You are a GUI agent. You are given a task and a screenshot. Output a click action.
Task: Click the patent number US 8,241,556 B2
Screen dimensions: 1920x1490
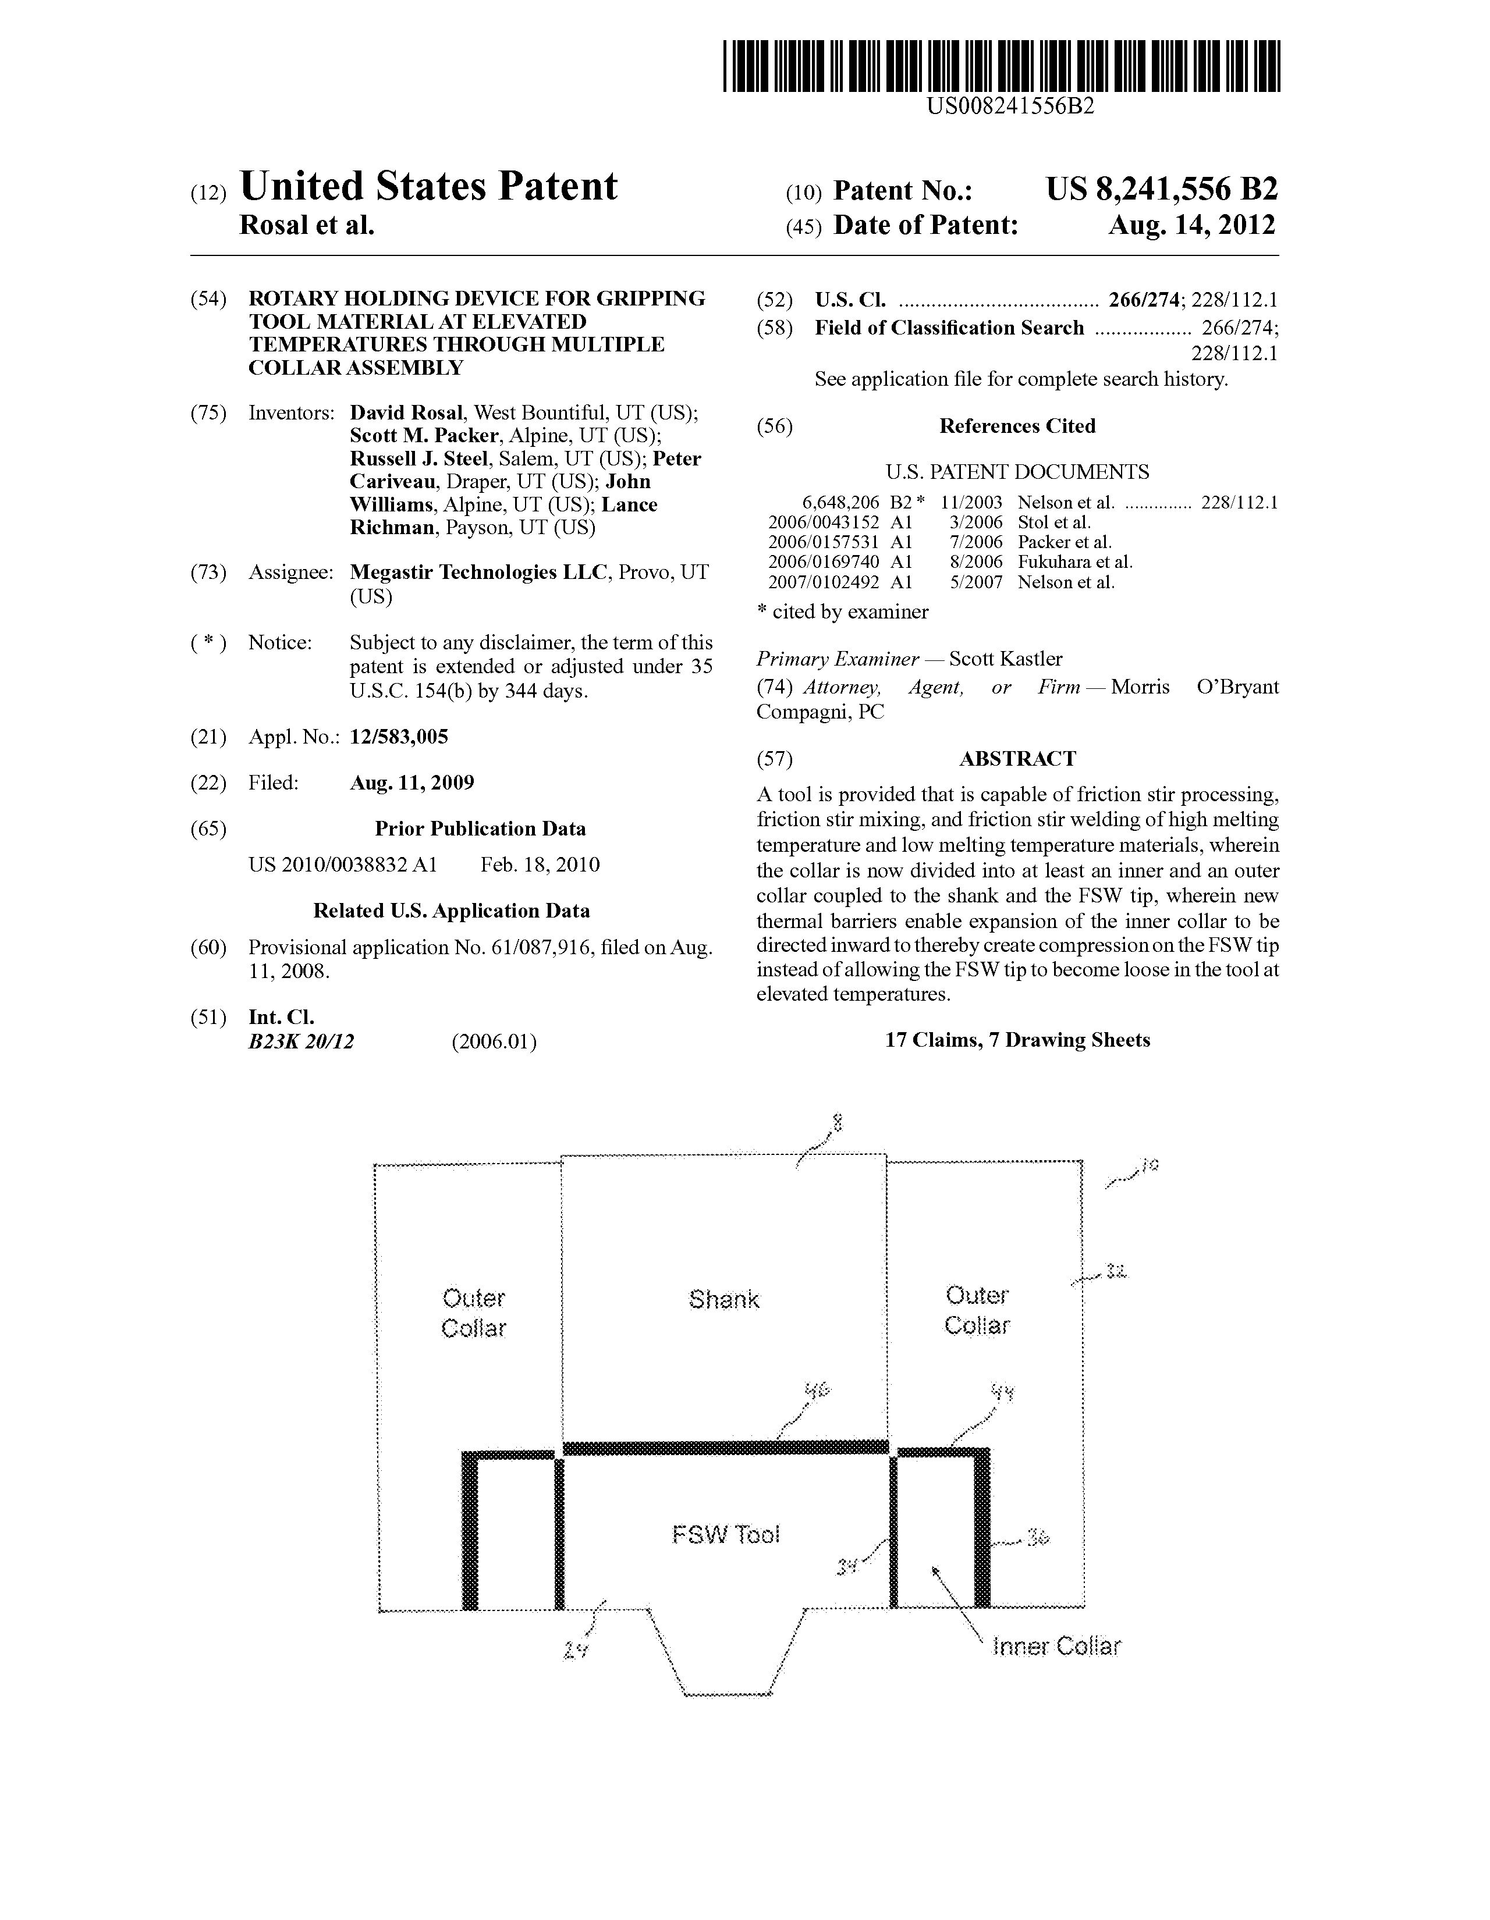click(x=1161, y=189)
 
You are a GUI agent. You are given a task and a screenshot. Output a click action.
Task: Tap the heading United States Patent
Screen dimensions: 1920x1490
click(x=428, y=186)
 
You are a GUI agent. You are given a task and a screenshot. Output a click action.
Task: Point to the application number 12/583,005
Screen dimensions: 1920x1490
click(x=399, y=737)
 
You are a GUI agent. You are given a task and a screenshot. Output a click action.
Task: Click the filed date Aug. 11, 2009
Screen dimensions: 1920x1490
click(x=411, y=783)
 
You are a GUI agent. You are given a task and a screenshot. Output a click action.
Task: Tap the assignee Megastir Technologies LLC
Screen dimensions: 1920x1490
click(x=478, y=573)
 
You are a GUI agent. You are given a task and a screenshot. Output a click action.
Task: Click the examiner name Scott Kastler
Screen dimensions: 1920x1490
click(x=1005, y=659)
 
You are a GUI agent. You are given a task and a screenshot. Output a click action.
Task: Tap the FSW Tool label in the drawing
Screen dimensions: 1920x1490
click(x=726, y=1535)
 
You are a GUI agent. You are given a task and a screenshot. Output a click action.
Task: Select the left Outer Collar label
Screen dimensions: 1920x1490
click(x=473, y=1313)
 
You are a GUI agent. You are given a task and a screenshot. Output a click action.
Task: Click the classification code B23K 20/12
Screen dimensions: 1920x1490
click(x=301, y=1042)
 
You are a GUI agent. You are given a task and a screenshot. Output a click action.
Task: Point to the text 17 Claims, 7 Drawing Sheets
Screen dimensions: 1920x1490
click(x=1017, y=1040)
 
